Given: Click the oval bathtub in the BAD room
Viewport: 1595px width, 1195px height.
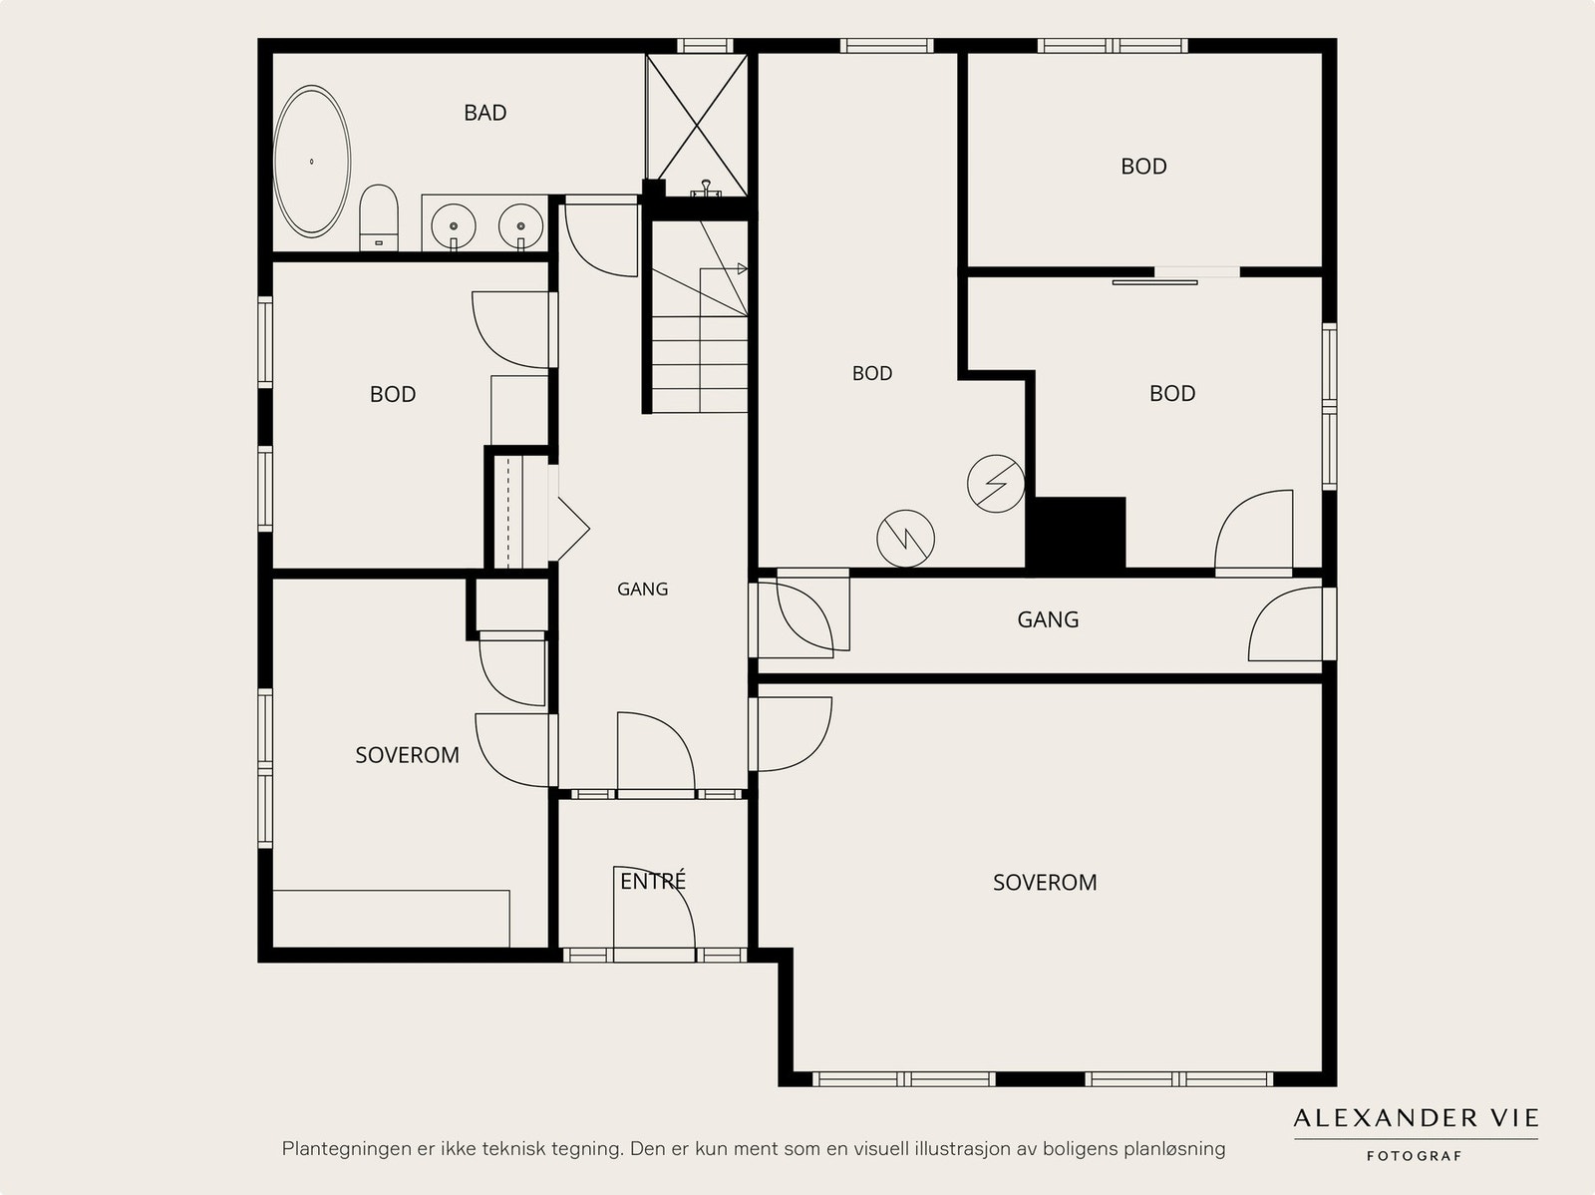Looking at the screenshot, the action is pyautogui.click(x=312, y=162).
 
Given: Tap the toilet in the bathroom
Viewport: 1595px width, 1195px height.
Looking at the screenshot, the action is pyautogui.click(x=379, y=217).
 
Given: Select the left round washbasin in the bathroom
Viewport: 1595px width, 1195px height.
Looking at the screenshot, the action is pyautogui.click(x=454, y=226).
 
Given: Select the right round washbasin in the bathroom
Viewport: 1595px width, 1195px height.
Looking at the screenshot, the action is pyautogui.click(x=521, y=225).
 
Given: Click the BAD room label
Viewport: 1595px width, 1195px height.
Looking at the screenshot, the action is pyautogui.click(x=485, y=113).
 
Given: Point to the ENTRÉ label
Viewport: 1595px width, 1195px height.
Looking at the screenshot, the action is pyautogui.click(x=653, y=881).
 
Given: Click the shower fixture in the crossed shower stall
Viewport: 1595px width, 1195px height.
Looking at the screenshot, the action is pyautogui.click(x=706, y=189).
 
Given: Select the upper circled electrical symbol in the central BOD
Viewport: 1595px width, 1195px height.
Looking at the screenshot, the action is pyautogui.click(x=996, y=484).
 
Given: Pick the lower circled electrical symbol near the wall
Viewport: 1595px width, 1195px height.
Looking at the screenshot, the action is pyautogui.click(x=905, y=539).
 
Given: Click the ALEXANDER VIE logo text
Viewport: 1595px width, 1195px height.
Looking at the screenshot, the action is pyautogui.click(x=1417, y=1118).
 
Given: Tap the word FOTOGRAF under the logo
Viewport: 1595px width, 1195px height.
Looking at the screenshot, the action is pyautogui.click(x=1415, y=1156).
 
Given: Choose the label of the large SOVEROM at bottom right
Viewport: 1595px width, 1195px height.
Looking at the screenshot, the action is pyautogui.click(x=1045, y=883).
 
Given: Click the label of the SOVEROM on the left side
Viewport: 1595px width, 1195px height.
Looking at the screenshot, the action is pyautogui.click(x=407, y=755).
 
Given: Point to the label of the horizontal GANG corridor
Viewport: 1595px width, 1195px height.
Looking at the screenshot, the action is pyautogui.click(x=1048, y=619).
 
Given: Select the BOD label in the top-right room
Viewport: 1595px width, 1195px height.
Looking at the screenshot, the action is pyautogui.click(x=1143, y=167).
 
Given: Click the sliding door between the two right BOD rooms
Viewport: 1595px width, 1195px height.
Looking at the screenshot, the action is pyautogui.click(x=1154, y=282).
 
